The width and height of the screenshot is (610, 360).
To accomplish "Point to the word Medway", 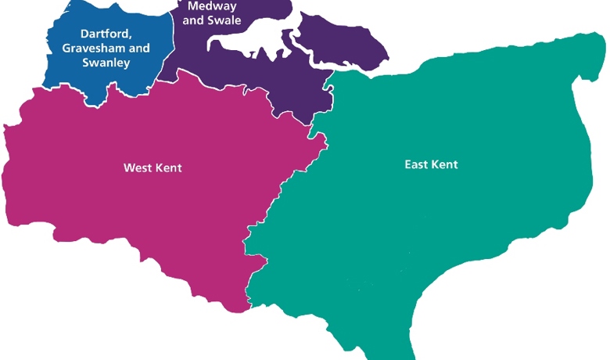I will coord(206,5).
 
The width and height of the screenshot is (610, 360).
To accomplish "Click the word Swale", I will coord(225,20).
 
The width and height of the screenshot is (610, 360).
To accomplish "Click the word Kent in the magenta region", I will coord(167,167).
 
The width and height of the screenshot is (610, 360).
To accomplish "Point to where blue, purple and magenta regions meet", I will coord(161,79).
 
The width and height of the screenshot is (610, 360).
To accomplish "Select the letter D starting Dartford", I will coord(85,34).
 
